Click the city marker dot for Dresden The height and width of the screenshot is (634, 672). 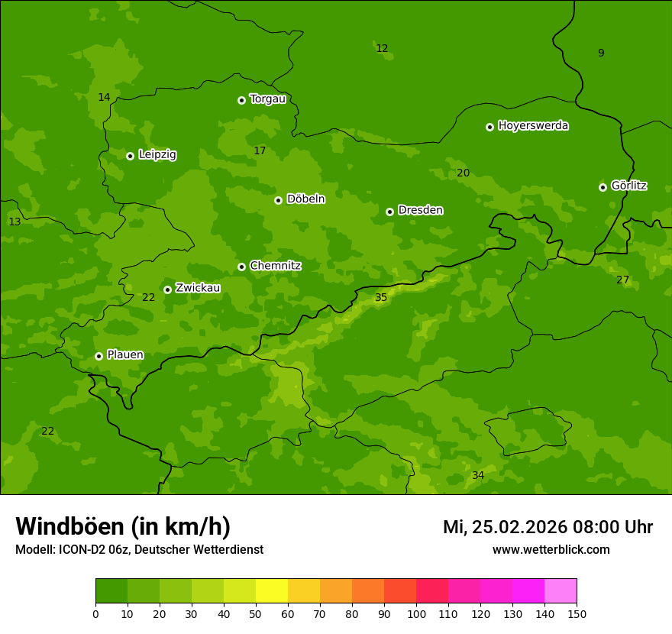click(x=389, y=212)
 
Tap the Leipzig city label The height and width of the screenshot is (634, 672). click(x=157, y=155)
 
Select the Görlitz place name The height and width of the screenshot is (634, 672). click(x=628, y=186)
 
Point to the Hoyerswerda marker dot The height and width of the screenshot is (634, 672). click(x=489, y=127)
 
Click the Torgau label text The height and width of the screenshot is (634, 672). click(x=267, y=99)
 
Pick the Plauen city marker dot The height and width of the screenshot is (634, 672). click(x=99, y=356)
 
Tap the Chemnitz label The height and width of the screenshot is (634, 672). click(x=275, y=266)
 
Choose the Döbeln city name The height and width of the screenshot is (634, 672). click(x=305, y=199)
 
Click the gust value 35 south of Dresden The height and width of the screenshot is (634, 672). click(x=381, y=298)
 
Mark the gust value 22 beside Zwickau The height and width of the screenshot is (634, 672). click(x=148, y=298)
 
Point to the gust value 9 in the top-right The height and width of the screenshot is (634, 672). click(x=601, y=53)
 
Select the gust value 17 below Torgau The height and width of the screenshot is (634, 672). click(x=260, y=151)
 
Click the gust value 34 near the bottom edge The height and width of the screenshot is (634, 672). click(x=478, y=476)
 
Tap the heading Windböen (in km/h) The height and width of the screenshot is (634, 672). click(x=123, y=527)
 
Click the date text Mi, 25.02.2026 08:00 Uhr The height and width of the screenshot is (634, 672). click(x=548, y=528)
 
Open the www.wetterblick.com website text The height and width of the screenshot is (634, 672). click(x=551, y=550)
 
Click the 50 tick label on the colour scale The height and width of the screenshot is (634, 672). click(x=256, y=613)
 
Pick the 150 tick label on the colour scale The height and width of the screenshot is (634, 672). click(x=577, y=613)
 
